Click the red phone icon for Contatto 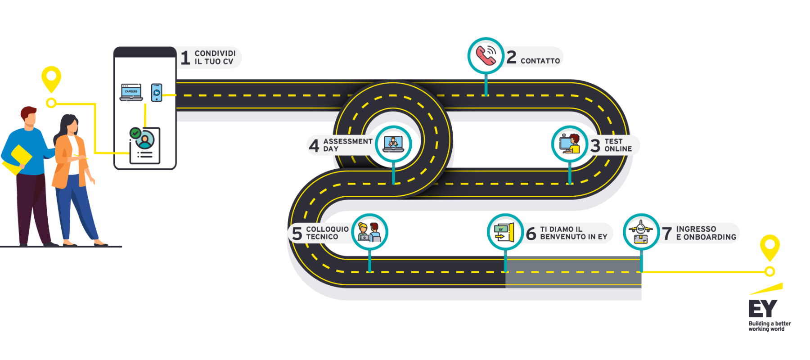[x=486, y=55]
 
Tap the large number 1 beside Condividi [x=185, y=58]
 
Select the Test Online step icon [x=569, y=144]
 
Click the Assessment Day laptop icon [x=393, y=144]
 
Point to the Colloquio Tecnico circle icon [x=369, y=232]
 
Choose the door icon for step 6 [x=505, y=232]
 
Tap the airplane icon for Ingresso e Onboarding [x=641, y=232]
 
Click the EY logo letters [x=762, y=309]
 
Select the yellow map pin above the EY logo [x=769, y=246]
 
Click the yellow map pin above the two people [x=51, y=78]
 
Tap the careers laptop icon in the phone [x=131, y=92]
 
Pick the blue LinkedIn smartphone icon [x=157, y=92]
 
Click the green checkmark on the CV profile [x=135, y=133]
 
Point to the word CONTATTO [x=540, y=61]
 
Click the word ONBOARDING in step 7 [x=710, y=237]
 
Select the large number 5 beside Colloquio [x=297, y=234]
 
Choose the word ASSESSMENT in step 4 [x=348, y=141]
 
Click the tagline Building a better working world [x=769, y=326]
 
